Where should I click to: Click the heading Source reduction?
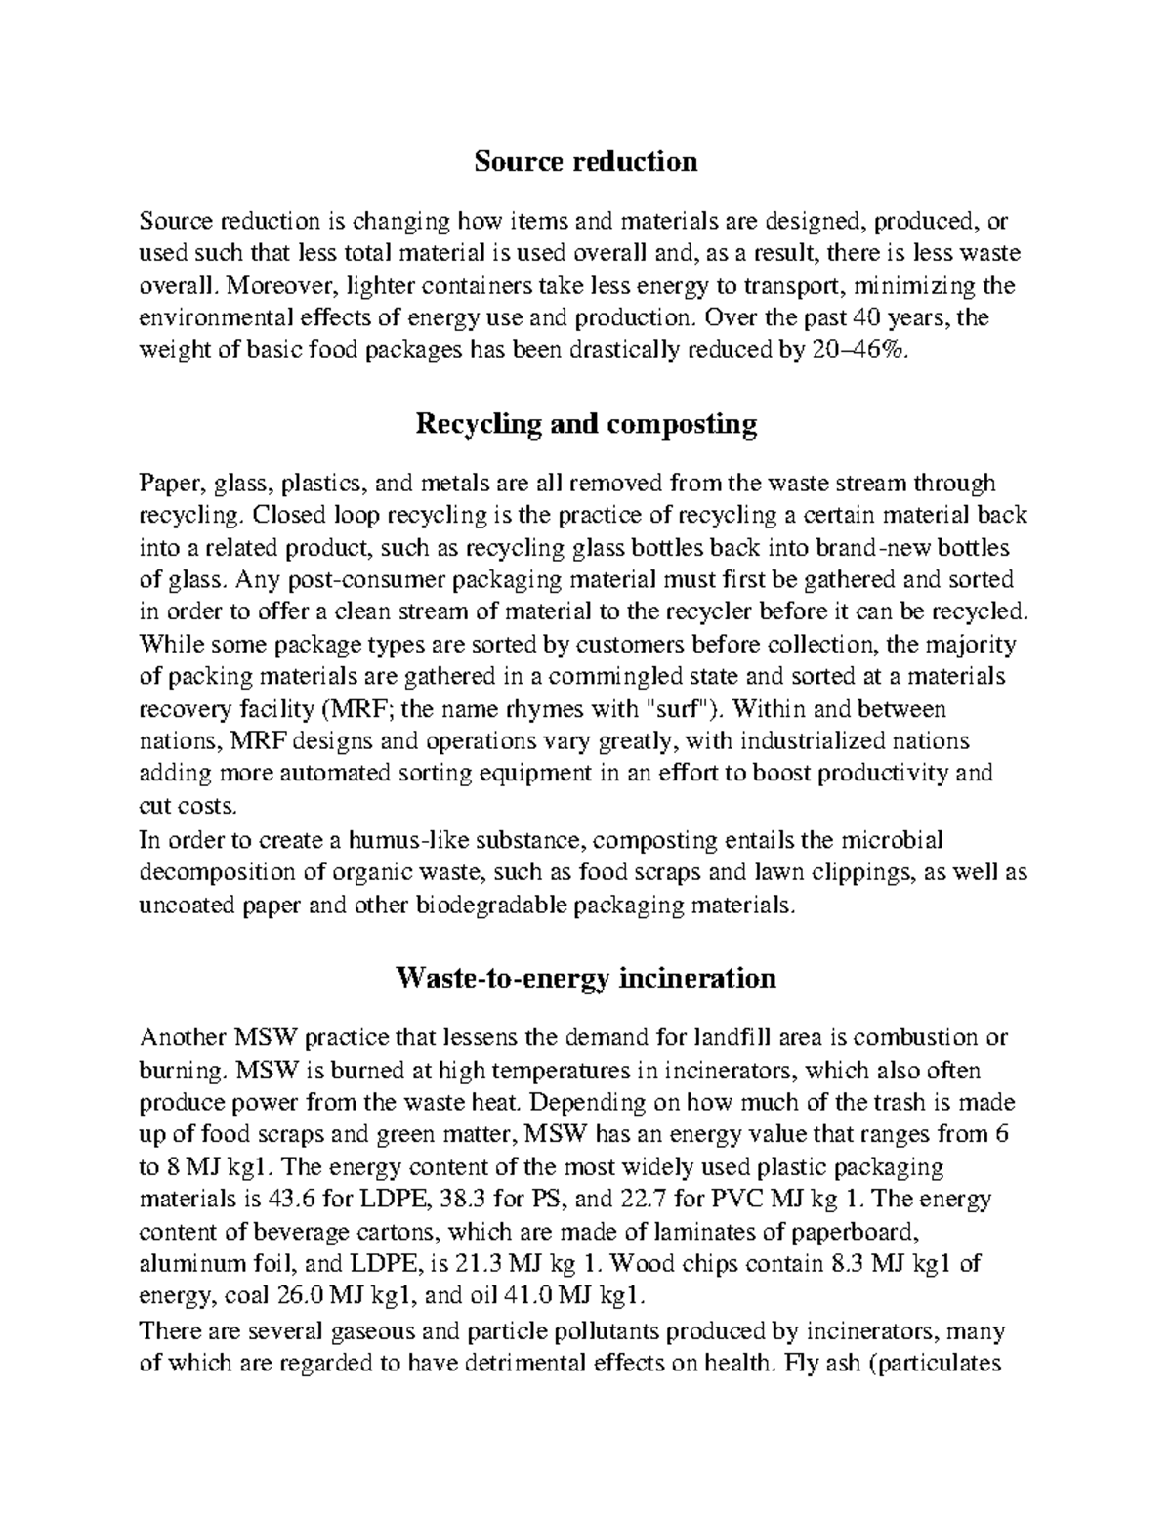(x=585, y=161)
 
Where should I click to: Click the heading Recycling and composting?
(x=586, y=424)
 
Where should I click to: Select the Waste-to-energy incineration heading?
(x=585, y=978)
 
